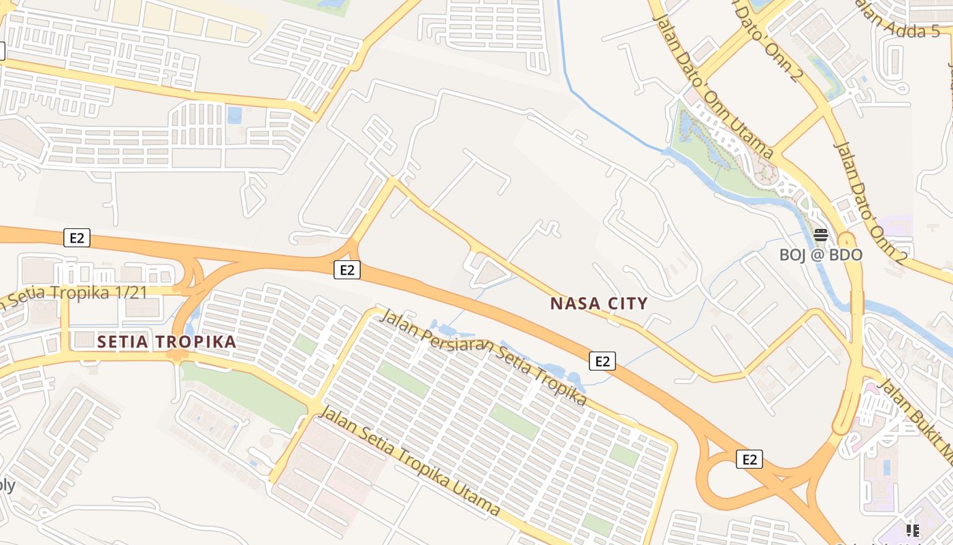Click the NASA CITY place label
(598, 303)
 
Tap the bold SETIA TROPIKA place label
(167, 341)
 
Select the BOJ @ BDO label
(820, 255)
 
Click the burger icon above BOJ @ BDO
(821, 236)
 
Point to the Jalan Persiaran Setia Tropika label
(483, 356)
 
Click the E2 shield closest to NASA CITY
(602, 361)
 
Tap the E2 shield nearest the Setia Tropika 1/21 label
(77, 238)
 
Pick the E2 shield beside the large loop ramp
(749, 460)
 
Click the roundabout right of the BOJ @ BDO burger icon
(847, 241)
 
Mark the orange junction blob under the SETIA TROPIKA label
(178, 354)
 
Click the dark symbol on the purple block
(913, 530)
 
